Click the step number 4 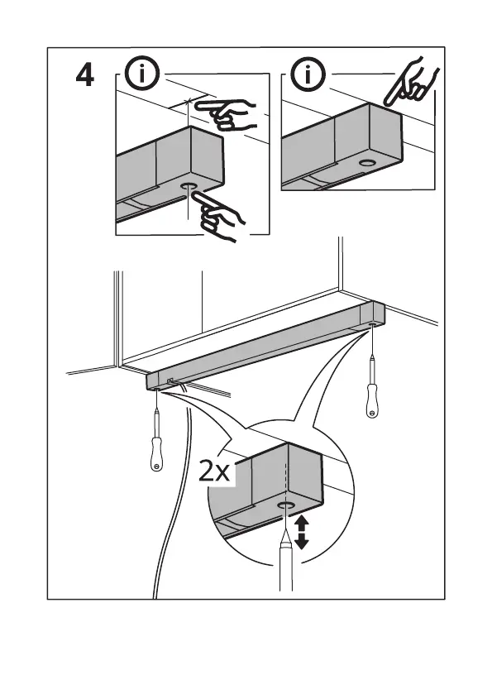click(x=84, y=75)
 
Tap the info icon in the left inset click(x=141, y=74)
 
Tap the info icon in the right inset click(x=308, y=74)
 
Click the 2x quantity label click(x=214, y=471)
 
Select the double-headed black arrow click(x=301, y=533)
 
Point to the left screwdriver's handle click(x=156, y=453)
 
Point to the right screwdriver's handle click(x=372, y=401)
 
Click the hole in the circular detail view click(x=286, y=505)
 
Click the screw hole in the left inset click(x=189, y=187)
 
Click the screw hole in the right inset click(x=366, y=162)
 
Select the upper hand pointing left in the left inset click(x=226, y=114)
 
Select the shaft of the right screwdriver click(x=372, y=364)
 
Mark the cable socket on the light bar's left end click(x=170, y=381)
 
